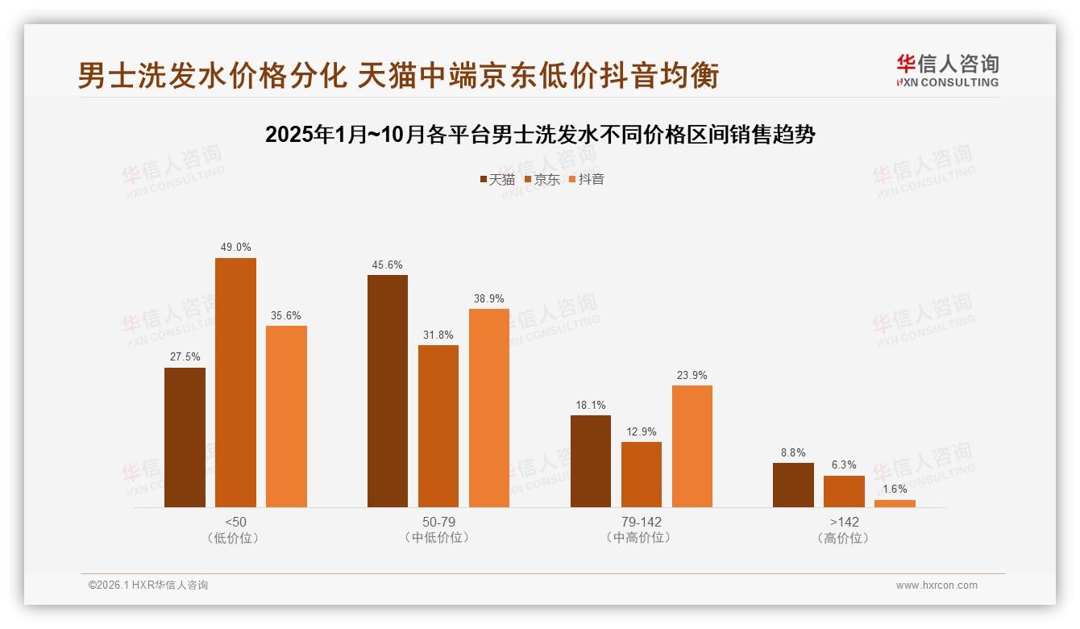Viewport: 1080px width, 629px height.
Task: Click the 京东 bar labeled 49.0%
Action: click(235, 382)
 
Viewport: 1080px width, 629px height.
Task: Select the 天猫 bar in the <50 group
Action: click(185, 437)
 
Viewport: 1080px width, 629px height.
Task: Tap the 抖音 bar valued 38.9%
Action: click(489, 408)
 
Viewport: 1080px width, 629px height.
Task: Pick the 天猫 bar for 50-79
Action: click(388, 391)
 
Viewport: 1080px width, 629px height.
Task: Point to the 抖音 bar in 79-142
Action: click(692, 446)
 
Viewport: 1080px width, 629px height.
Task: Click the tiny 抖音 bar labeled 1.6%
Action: click(895, 503)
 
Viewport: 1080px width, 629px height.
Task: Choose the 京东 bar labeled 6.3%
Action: click(844, 491)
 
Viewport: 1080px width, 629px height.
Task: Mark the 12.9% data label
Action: click(642, 432)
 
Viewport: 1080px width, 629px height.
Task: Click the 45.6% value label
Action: click(388, 265)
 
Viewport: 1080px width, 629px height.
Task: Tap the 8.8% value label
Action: click(793, 453)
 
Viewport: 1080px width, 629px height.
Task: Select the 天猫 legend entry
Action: click(497, 179)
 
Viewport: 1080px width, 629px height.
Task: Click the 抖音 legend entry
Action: click(587, 179)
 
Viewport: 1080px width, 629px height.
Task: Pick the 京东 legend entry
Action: click(542, 179)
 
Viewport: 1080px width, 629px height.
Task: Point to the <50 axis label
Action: click(236, 522)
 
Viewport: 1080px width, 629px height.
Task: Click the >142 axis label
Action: click(844, 522)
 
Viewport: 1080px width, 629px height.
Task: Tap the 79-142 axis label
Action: click(642, 522)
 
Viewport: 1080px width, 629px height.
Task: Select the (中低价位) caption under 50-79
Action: click(438, 538)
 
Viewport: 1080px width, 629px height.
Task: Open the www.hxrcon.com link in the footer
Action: click(937, 585)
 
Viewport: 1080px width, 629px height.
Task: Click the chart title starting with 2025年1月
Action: click(540, 135)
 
